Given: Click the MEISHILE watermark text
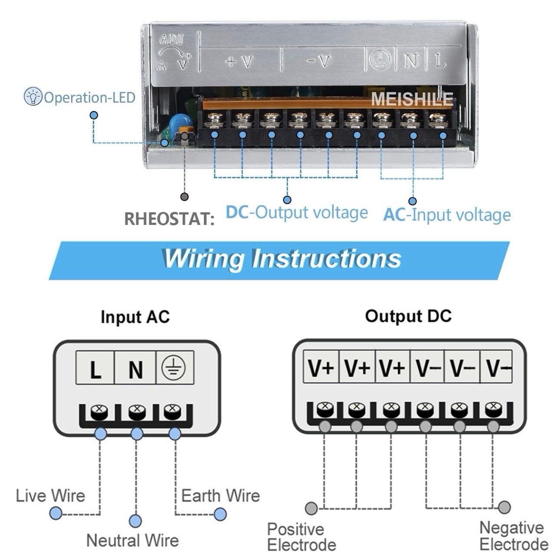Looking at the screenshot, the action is (412, 99).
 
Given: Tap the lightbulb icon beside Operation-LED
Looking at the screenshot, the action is (33, 96).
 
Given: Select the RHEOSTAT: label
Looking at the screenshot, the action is (169, 219).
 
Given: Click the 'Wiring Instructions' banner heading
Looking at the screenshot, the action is (282, 259).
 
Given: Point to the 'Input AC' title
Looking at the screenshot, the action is (135, 317).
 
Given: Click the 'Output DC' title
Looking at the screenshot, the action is (408, 316).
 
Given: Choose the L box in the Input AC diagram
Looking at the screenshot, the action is (95, 368).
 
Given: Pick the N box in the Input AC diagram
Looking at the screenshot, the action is (135, 368).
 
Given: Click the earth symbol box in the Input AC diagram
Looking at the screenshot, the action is (175, 368).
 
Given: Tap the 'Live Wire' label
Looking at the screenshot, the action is (51, 495).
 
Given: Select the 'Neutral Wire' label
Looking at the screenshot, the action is (133, 540).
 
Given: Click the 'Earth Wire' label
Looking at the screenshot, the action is (220, 495).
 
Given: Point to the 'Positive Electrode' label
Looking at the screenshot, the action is (301, 537).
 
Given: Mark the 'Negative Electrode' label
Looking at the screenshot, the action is (514, 536).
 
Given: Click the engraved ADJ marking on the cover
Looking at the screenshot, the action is (172, 39).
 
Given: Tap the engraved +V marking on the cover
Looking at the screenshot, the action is (239, 62).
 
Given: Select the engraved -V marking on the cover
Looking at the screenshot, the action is (318, 61).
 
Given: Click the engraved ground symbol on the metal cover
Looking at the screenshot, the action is (380, 59).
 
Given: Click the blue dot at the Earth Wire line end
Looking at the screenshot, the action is (220, 514).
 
